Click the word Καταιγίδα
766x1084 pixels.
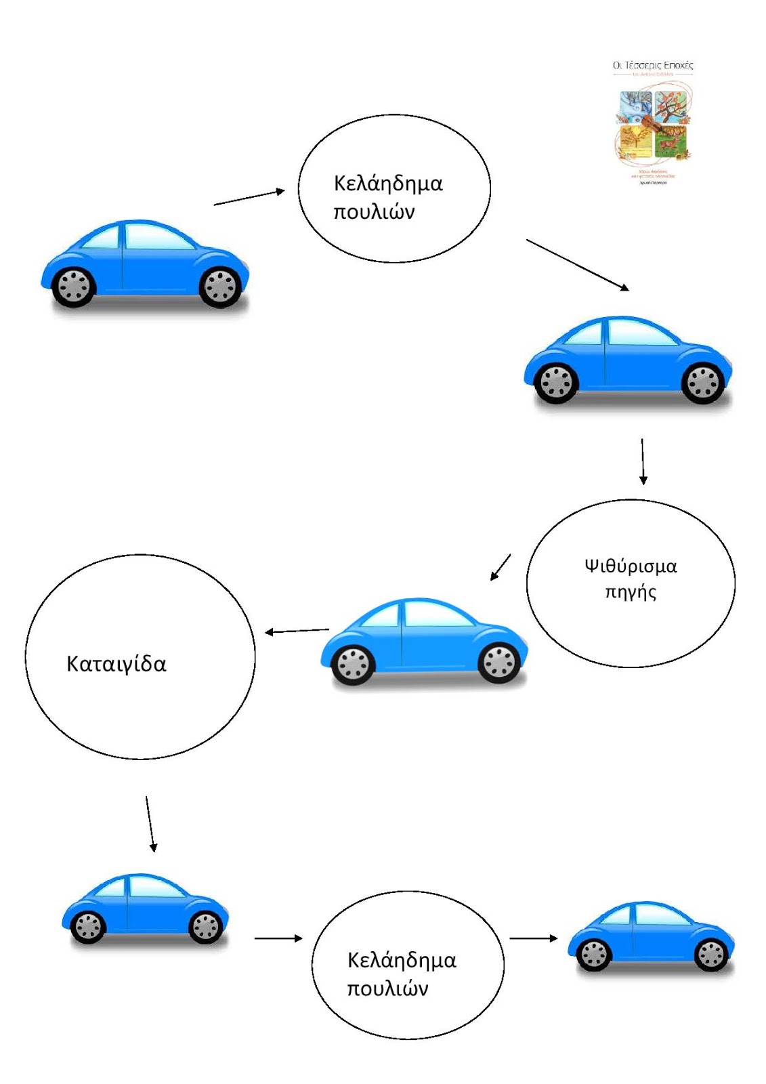click(x=116, y=664)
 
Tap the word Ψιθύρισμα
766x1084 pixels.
click(x=631, y=566)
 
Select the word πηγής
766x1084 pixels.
click(x=631, y=592)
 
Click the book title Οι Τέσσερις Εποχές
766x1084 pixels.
click(x=653, y=66)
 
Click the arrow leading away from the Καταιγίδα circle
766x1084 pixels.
click(x=150, y=824)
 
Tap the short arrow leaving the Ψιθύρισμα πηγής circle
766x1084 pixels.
click(x=501, y=567)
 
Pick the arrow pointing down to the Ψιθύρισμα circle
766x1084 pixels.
click(x=643, y=461)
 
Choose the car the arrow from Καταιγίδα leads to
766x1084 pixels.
click(x=145, y=908)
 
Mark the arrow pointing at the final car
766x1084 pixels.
click(x=533, y=938)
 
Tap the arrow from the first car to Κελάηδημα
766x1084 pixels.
click(x=249, y=197)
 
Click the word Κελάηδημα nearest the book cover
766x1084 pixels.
click(x=388, y=184)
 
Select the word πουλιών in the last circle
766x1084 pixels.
click(x=387, y=988)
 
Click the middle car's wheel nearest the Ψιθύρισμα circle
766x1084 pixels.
click(x=500, y=662)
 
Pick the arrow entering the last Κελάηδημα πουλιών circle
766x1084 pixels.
click(x=278, y=938)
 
